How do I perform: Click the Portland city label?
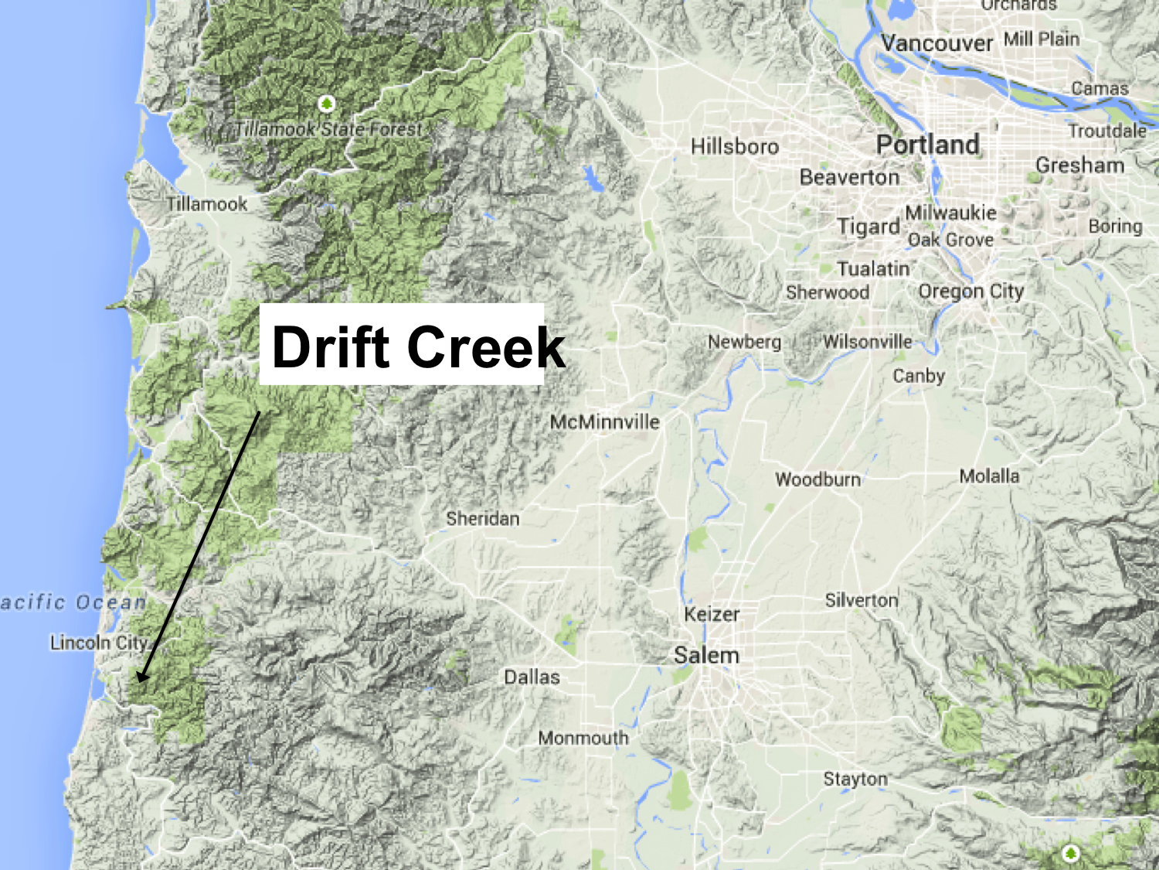click(927, 145)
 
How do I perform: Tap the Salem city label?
click(706, 656)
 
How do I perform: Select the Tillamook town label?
click(207, 204)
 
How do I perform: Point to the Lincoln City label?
click(98, 643)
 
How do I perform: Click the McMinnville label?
click(604, 422)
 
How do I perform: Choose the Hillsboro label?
click(734, 146)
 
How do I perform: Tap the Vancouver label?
click(936, 43)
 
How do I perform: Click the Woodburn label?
click(817, 479)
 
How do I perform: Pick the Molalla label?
click(989, 476)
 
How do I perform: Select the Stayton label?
click(855, 779)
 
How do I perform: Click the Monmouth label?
click(583, 739)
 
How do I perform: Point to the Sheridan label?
click(482, 519)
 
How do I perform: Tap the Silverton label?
click(862, 600)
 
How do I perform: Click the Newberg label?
click(744, 342)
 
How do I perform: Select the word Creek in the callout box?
click(486, 347)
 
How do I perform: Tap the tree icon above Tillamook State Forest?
click(327, 104)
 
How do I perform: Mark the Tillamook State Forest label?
click(328, 129)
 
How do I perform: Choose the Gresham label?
click(1079, 165)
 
